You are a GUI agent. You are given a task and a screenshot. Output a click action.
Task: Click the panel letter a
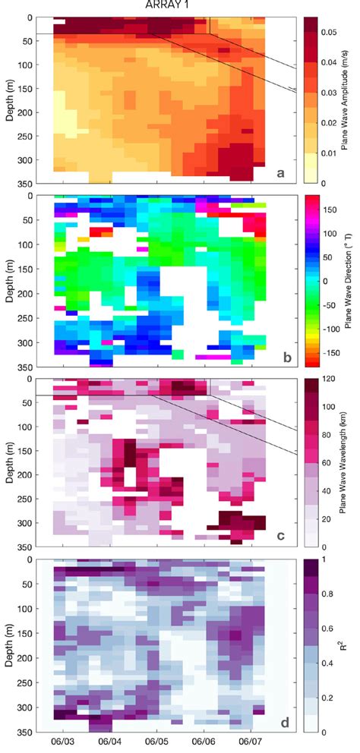pos(281,174)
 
